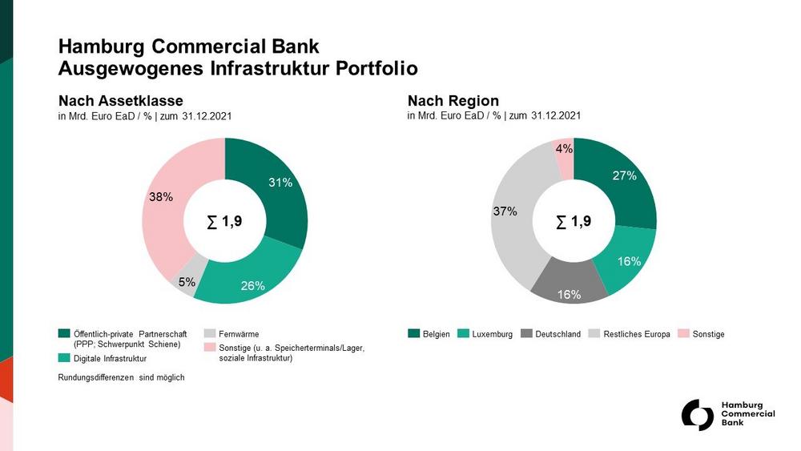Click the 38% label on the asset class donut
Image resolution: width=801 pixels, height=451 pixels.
tap(161, 196)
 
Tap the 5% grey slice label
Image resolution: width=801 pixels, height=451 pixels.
tap(186, 281)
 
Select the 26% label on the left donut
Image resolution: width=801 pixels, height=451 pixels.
tap(252, 286)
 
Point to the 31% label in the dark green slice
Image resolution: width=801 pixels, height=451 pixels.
tap(280, 183)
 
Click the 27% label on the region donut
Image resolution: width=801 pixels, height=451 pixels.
tap(625, 175)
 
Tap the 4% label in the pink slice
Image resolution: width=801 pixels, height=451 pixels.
tap(564, 148)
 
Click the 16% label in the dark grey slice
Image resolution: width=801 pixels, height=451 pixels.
tap(569, 294)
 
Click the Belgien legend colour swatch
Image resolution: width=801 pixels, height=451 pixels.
tap(414, 333)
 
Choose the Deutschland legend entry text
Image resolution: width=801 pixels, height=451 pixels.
tap(558, 334)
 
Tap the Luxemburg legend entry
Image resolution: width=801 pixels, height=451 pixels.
tap(493, 334)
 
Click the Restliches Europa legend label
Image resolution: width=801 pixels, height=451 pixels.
tap(637, 334)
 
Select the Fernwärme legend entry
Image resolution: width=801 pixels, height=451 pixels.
tap(239, 334)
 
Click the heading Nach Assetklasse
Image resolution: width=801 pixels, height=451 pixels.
tap(121, 101)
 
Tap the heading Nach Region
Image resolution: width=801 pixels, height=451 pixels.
tap(453, 101)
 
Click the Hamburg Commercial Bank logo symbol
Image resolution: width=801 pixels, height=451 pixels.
tap(697, 415)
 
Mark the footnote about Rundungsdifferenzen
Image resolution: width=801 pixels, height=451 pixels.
tap(122, 377)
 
